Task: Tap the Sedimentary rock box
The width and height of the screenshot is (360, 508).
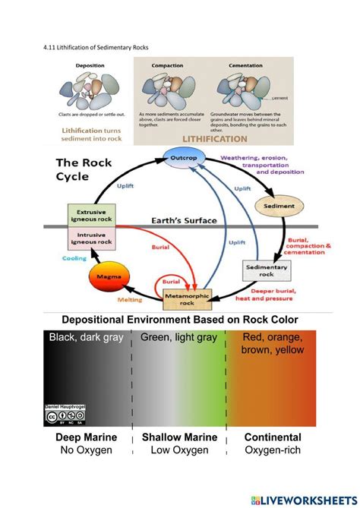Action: click(263, 270)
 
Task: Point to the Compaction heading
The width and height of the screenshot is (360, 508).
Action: click(167, 66)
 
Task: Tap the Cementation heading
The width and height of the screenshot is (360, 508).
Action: click(245, 66)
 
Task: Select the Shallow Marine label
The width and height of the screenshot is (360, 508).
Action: click(179, 438)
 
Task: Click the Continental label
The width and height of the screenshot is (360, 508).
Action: click(273, 438)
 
